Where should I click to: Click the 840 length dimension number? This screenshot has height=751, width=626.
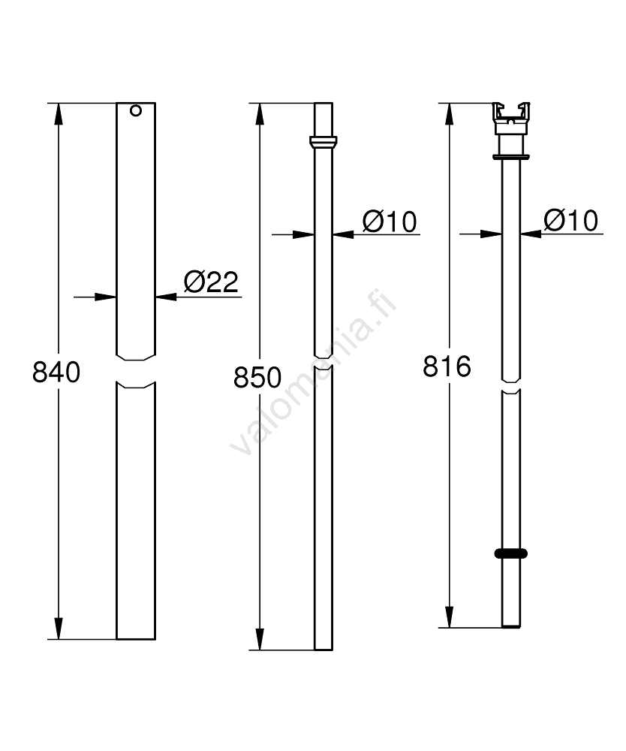pyautogui.click(x=56, y=372)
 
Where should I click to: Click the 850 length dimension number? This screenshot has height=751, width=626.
pyautogui.click(x=257, y=378)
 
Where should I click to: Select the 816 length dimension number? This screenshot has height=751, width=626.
pyautogui.click(x=447, y=366)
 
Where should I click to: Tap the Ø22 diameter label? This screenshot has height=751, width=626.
pyautogui.click(x=211, y=282)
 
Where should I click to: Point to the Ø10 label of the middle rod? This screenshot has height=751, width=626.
pyautogui.click(x=390, y=222)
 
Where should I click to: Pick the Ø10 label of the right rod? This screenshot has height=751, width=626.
pyautogui.click(x=571, y=221)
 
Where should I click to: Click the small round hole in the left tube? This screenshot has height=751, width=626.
pyautogui.click(x=136, y=110)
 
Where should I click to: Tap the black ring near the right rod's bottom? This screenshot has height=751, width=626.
pyautogui.click(x=510, y=553)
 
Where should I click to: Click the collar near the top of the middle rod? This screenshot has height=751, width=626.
pyautogui.click(x=324, y=142)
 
